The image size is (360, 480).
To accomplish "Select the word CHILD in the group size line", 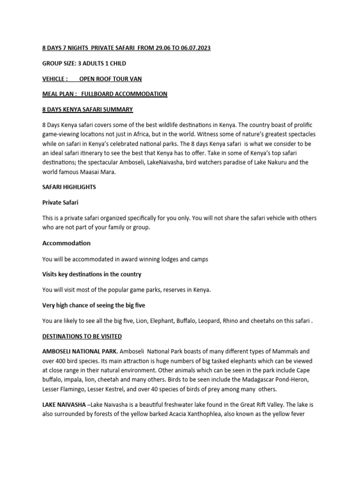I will [x=116, y=63].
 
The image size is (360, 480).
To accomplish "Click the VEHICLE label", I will [x=54, y=79].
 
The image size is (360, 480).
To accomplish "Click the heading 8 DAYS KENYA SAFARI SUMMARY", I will [x=88, y=110].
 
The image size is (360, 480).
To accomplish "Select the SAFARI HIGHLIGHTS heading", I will [x=69, y=187].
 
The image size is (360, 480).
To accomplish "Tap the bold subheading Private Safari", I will [x=60, y=202].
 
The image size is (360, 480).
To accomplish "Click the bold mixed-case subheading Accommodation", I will [x=67, y=243].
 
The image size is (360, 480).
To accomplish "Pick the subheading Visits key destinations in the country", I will [x=92, y=274].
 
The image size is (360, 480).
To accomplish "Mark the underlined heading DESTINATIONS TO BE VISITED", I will [x=82, y=337].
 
